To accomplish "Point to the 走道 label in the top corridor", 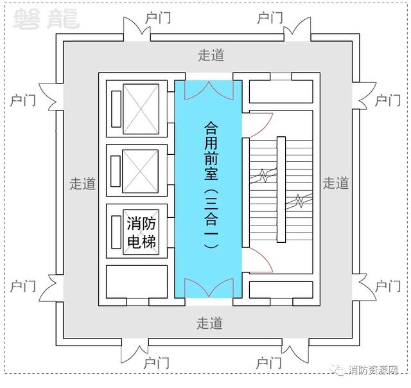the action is pyautogui.click(x=211, y=55).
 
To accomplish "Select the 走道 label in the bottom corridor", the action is pyautogui.click(x=210, y=323).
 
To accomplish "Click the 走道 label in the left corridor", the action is pyautogui.click(x=82, y=183).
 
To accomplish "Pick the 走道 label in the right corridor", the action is pyautogui.click(x=336, y=182).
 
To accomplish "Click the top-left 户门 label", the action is pyautogui.click(x=158, y=18).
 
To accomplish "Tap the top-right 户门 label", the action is pyautogui.click(x=270, y=18).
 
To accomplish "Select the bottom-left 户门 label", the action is pyautogui.click(x=157, y=363).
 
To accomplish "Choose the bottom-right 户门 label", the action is pyautogui.click(x=268, y=363).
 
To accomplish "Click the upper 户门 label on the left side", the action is pyautogui.click(x=23, y=100).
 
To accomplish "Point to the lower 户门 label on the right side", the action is pyautogui.click(x=388, y=287).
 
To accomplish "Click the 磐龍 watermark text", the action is pyautogui.click(x=46, y=19).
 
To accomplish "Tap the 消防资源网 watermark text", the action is pyautogui.click(x=373, y=370).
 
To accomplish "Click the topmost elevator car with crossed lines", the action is pyautogui.click(x=141, y=109).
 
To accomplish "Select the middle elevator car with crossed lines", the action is pyautogui.click(x=141, y=171).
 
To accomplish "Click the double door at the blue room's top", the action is pyautogui.click(x=209, y=91).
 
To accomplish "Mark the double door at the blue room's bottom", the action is pyautogui.click(x=209, y=288).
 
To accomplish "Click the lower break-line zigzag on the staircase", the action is pyautogui.click(x=299, y=201).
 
